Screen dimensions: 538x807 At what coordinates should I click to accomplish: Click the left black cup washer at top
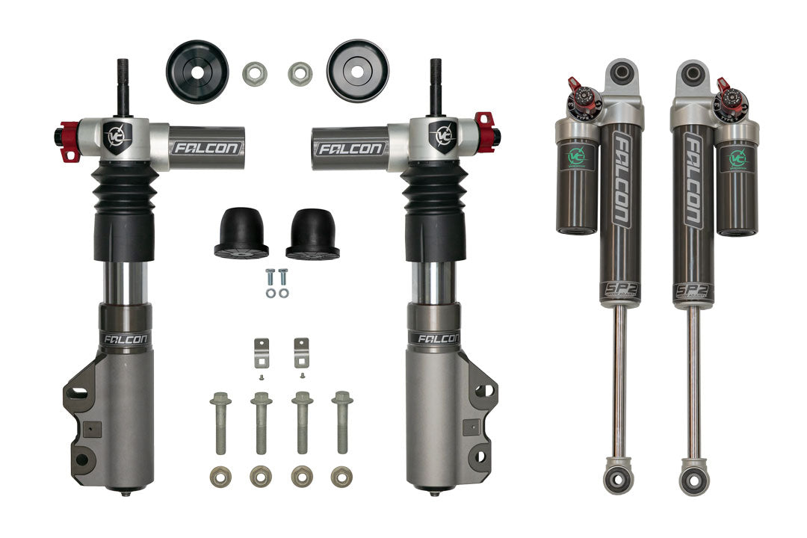point(197,71)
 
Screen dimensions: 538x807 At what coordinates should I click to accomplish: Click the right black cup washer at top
point(357,70)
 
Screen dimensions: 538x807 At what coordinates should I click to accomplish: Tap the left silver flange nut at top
point(255,73)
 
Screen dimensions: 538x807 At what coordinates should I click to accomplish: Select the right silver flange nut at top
point(300,73)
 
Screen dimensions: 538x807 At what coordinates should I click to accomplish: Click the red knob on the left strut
point(67,141)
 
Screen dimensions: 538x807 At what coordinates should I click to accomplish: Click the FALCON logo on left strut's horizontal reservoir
point(206,148)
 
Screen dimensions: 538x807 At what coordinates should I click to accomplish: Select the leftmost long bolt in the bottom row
point(220,422)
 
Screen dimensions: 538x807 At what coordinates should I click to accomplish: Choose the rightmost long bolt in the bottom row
point(342,422)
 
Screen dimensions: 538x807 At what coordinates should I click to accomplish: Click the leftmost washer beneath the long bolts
point(220,475)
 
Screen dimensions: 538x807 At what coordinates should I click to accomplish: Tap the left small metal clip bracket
point(261,353)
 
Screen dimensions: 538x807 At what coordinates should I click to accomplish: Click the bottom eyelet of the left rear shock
point(619,476)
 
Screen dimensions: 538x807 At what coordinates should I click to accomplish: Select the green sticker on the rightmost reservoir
point(738,159)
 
